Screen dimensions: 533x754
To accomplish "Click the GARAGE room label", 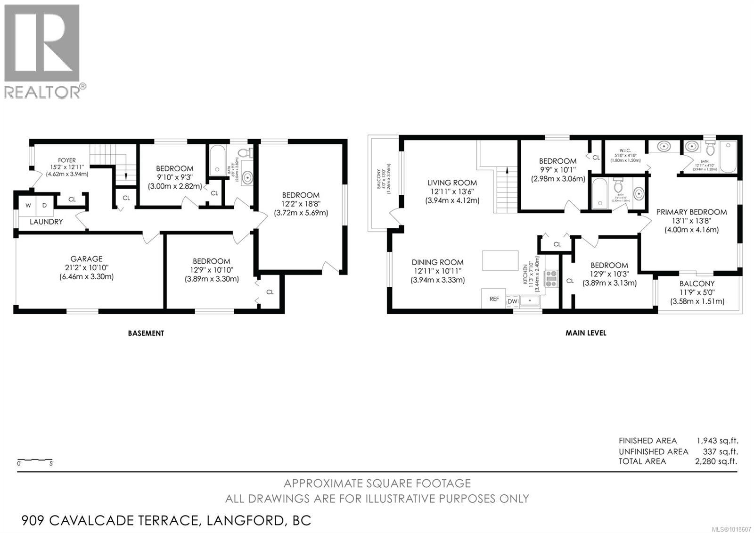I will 86,258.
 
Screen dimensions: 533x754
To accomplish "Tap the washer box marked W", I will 28,205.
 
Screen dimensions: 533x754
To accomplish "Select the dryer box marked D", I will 45,205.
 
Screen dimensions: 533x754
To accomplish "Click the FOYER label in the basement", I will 66,160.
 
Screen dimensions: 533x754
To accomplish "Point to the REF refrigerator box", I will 494,299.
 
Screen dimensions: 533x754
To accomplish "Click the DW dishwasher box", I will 512,301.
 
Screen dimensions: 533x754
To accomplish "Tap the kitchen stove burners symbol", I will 551,279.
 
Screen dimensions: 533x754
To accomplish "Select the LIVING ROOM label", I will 452,183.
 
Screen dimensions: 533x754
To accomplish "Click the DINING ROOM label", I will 437,262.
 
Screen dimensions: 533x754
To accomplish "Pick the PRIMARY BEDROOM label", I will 691,212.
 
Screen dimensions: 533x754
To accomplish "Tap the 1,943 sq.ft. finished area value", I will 717,441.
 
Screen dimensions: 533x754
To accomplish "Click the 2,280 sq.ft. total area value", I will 716,461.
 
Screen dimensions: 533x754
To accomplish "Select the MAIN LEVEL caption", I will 586,333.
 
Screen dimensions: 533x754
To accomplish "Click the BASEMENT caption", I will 146,333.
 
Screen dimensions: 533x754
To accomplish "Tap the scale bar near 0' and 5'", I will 35,460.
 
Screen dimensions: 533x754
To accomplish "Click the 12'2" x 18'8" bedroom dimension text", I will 301,204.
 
